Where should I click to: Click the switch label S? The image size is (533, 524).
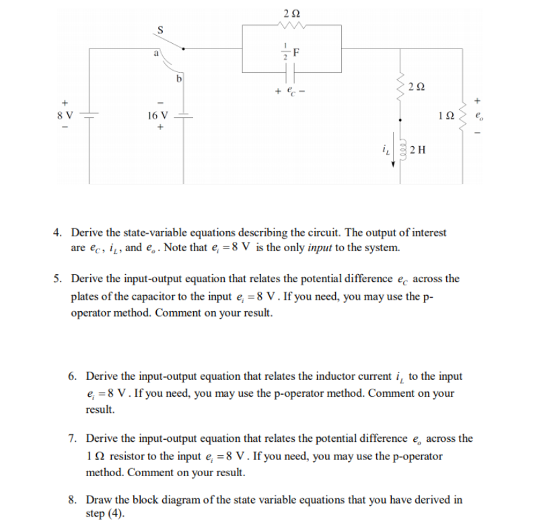click(159, 29)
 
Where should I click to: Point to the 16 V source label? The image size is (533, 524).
click(158, 114)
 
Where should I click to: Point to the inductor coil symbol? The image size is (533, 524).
click(402, 150)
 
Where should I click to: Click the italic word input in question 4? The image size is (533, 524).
click(323, 247)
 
